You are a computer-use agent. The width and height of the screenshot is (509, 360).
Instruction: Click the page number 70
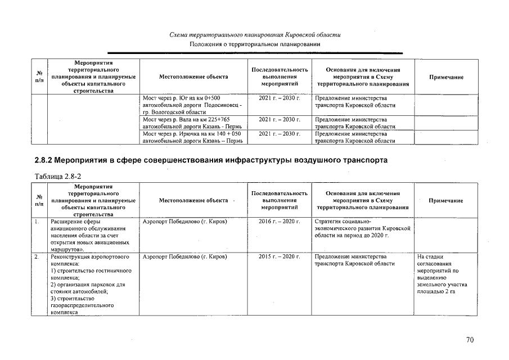click(470, 339)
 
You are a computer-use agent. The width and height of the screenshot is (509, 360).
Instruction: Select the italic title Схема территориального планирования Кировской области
click(255, 35)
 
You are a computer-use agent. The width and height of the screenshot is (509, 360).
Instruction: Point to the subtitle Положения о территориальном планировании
click(255, 44)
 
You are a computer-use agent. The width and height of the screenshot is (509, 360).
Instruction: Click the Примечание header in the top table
click(446, 76)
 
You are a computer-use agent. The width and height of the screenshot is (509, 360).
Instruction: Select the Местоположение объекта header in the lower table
click(193, 200)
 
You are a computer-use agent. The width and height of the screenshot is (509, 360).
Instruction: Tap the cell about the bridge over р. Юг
click(193, 105)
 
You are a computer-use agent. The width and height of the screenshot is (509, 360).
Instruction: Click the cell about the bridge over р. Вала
click(193, 123)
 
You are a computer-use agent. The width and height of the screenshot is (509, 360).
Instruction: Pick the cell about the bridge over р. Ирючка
click(193, 137)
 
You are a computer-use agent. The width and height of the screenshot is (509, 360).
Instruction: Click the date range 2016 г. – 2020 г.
click(280, 222)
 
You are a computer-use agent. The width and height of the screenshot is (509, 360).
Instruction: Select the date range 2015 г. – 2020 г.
click(280, 256)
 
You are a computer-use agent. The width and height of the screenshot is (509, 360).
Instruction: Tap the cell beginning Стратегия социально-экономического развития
click(363, 228)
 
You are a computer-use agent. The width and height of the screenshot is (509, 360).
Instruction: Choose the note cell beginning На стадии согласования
click(443, 274)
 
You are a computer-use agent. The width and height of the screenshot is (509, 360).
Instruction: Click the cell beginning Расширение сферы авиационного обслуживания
click(88, 235)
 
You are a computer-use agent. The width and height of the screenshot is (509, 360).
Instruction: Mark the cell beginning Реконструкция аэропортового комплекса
click(88, 284)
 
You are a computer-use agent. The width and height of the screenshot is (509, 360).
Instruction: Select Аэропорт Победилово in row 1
click(184, 222)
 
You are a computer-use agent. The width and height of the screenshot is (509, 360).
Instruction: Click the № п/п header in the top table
click(40, 76)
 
